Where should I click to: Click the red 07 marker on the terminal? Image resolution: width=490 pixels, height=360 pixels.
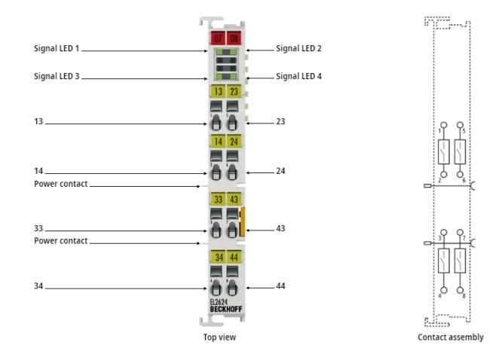coord(218,38)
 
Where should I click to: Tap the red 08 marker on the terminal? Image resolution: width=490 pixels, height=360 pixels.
coord(234,38)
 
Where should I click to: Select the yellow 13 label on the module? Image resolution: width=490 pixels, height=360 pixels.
coord(218,91)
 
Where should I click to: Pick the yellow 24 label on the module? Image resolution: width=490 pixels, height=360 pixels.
coord(234,142)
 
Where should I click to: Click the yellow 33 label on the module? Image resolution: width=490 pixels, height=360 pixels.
coord(218,199)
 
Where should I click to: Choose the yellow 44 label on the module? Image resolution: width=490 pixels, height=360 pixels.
coord(234,257)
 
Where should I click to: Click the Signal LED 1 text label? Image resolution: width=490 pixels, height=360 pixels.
coord(57,48)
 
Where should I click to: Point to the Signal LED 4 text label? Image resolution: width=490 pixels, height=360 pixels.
coord(299,76)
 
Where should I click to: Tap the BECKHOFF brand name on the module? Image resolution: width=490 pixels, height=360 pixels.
coord(226,309)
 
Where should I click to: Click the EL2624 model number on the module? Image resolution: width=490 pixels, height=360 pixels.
coord(219,302)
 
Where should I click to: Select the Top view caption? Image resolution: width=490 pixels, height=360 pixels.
coord(219,337)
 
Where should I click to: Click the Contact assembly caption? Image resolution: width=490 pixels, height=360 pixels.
coord(451,337)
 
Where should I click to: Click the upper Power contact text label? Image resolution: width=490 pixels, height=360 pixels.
coord(60,184)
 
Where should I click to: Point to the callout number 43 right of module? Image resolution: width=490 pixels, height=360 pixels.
coord(280,228)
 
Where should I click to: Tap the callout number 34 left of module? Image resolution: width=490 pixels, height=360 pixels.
coord(38,285)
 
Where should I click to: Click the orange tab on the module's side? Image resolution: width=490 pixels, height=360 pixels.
coord(242,221)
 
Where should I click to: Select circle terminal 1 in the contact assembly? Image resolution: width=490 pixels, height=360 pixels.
coord(443,125)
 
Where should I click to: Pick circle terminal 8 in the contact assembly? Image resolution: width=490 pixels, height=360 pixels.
coord(460,290)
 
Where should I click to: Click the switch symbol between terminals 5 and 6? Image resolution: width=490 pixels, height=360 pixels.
coord(460,151)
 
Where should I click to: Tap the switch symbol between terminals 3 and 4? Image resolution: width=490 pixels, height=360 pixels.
coord(443,261)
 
